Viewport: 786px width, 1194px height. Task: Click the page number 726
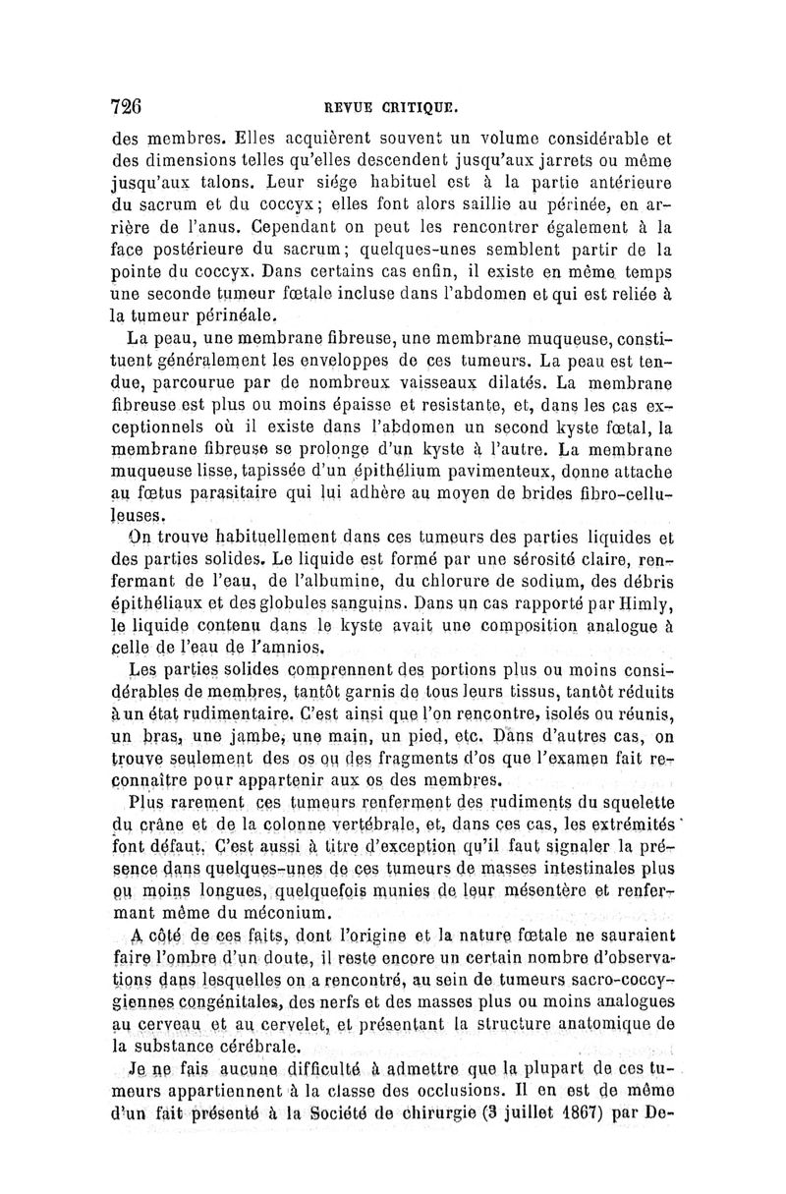pos(127,107)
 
